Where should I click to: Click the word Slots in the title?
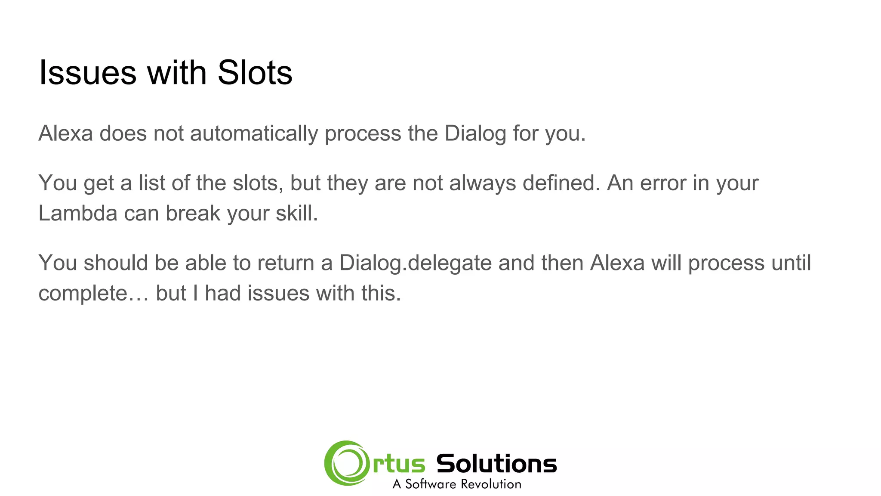(x=255, y=72)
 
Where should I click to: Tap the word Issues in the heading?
(x=88, y=72)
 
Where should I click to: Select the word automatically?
(x=254, y=133)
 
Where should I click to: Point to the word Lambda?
(x=78, y=213)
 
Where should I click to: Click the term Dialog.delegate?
(x=415, y=263)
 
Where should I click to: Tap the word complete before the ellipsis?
(x=83, y=294)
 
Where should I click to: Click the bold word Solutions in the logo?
(x=496, y=464)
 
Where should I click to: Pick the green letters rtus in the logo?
(x=399, y=464)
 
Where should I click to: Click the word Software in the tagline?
(x=430, y=484)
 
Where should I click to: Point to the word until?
(x=792, y=263)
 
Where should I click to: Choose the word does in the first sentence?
(x=123, y=133)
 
